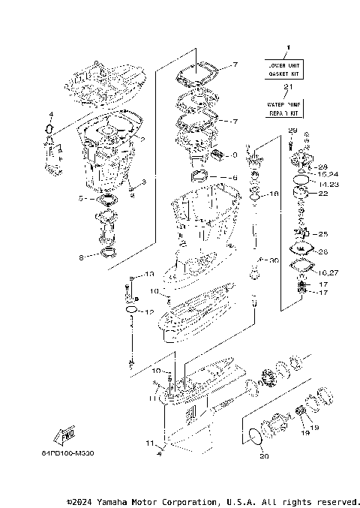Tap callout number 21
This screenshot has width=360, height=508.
click(282, 88)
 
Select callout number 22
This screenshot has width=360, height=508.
click(323, 194)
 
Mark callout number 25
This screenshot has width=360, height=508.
click(323, 234)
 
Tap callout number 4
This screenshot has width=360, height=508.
click(51, 114)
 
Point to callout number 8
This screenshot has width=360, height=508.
click(82, 257)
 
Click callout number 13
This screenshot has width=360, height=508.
click(148, 274)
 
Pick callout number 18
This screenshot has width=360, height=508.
click(274, 194)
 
